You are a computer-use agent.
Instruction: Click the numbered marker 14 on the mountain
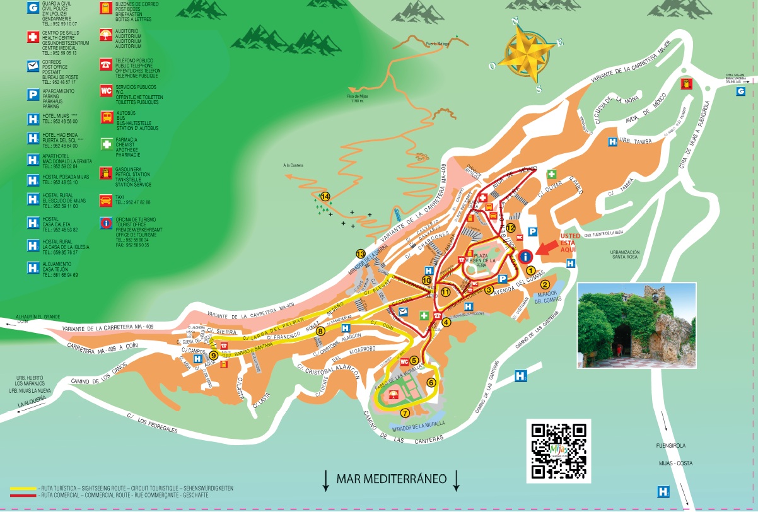[x=325, y=196]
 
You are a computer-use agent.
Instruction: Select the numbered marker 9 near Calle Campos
[x=214, y=356]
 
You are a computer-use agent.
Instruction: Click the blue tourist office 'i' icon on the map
[x=527, y=257]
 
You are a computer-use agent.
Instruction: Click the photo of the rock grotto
[x=636, y=325]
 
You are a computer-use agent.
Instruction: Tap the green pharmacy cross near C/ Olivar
[x=551, y=174]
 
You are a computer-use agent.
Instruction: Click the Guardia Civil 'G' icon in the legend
[x=32, y=9]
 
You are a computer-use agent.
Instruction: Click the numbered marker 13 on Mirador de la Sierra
[x=361, y=253]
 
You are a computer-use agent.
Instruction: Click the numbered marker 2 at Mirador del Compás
[x=544, y=284]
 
